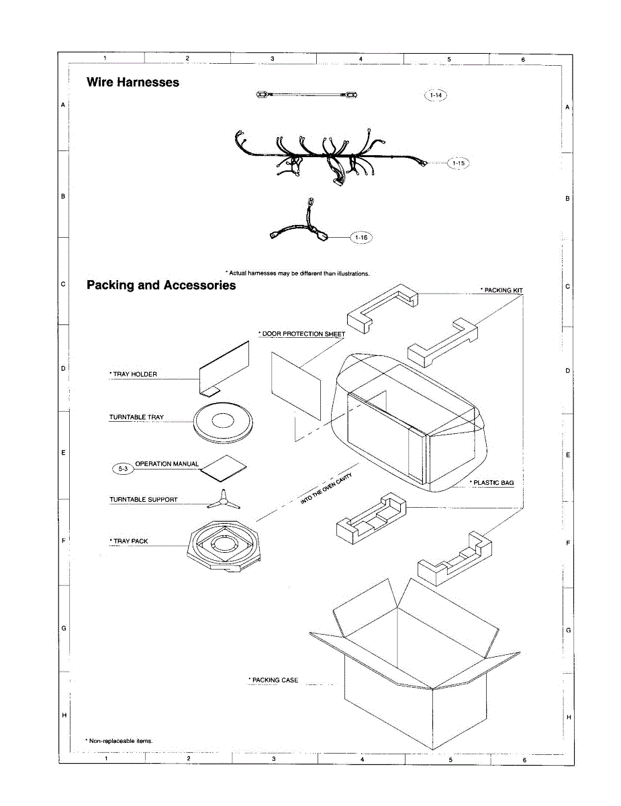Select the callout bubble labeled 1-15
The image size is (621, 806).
click(x=459, y=163)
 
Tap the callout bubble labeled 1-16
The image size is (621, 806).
click(x=361, y=237)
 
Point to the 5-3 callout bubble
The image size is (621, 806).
click(x=123, y=469)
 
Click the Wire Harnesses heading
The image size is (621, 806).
click(x=133, y=82)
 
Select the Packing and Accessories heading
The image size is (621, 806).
click(x=161, y=285)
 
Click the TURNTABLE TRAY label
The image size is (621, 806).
click(x=136, y=417)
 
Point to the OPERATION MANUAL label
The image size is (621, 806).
click(x=167, y=464)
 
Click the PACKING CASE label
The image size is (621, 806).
click(x=274, y=680)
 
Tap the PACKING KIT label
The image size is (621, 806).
click(x=501, y=290)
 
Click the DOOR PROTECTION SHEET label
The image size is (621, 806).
click(x=302, y=334)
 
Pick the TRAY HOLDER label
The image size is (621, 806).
click(x=134, y=374)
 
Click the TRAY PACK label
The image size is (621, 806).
click(x=130, y=541)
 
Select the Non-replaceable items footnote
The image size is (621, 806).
click(x=120, y=740)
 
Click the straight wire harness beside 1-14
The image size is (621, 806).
click(x=305, y=95)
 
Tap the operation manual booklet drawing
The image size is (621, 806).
click(x=225, y=468)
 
